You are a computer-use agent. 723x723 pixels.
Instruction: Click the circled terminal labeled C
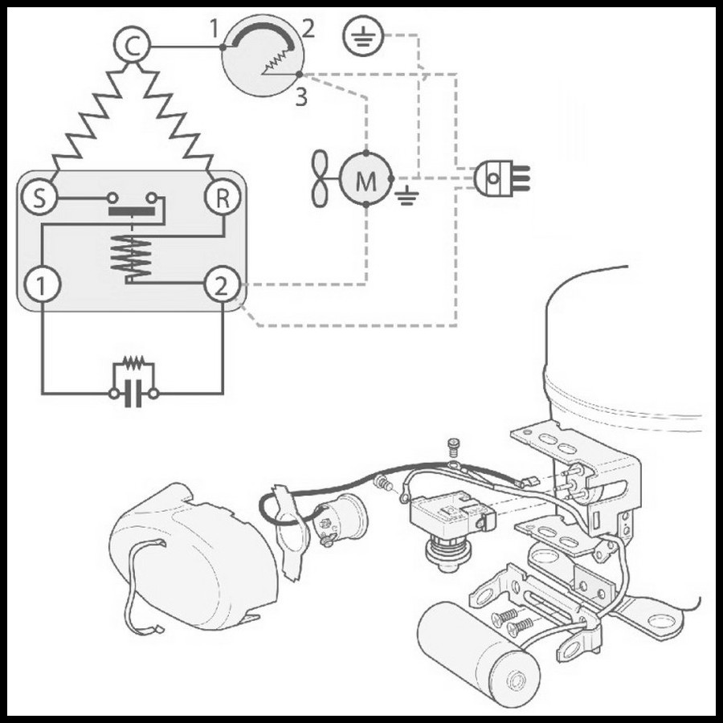pyautogui.click(x=132, y=46)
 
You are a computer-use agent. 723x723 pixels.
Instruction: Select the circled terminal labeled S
pyautogui.click(x=39, y=198)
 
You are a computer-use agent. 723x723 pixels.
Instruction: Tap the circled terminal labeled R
pyautogui.click(x=223, y=198)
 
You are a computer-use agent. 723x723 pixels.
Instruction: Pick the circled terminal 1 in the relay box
pyautogui.click(x=43, y=284)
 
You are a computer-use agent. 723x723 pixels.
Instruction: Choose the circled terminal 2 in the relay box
pyautogui.click(x=223, y=285)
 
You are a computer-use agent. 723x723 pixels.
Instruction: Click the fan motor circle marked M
pyautogui.click(x=366, y=178)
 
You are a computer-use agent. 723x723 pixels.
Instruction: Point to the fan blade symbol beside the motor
pyautogui.click(x=321, y=178)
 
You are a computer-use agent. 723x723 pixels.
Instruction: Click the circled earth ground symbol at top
pyautogui.click(x=363, y=36)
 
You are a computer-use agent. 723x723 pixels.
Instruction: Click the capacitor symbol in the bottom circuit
pyautogui.click(x=133, y=394)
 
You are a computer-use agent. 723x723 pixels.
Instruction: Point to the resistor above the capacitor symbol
pyautogui.click(x=133, y=362)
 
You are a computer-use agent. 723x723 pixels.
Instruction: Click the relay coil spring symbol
pyautogui.click(x=132, y=258)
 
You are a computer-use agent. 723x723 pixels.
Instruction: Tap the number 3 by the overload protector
pyautogui.click(x=301, y=97)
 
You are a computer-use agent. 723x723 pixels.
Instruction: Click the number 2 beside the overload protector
pyautogui.click(x=308, y=29)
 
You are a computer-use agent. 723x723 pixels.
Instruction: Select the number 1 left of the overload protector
pyautogui.click(x=214, y=30)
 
